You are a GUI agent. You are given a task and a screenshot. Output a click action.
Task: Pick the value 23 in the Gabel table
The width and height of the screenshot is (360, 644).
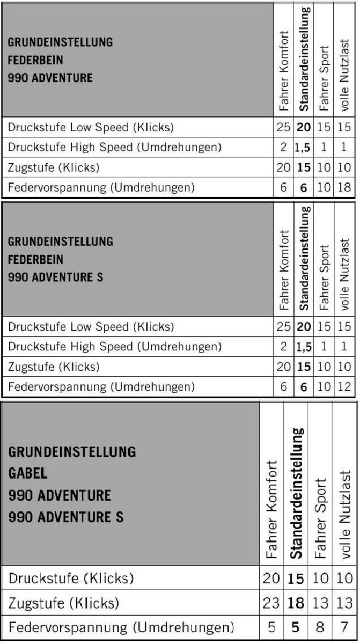click(x=271, y=603)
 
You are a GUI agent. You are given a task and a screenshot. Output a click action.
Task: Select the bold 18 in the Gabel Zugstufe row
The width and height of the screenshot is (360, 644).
click(x=296, y=603)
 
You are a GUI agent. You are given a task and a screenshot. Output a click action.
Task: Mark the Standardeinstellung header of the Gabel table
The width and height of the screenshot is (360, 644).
click(x=296, y=493)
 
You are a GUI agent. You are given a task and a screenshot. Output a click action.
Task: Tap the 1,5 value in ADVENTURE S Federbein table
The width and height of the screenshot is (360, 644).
click(x=303, y=347)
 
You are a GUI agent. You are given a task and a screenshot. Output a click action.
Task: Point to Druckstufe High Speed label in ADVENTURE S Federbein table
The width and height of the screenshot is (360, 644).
click(x=115, y=347)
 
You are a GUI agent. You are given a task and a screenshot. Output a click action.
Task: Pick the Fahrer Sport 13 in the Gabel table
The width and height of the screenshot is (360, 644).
click(x=320, y=603)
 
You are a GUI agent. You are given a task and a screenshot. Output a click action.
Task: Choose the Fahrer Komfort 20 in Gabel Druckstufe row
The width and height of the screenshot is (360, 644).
click(x=271, y=579)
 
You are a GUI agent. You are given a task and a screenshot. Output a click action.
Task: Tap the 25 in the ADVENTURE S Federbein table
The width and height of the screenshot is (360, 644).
click(x=283, y=327)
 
